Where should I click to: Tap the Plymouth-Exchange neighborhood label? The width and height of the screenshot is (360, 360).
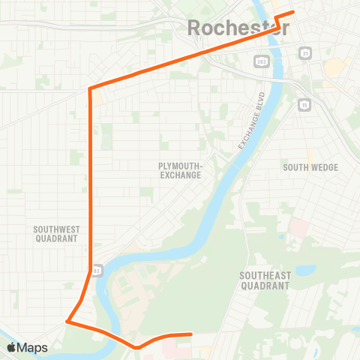click(x=180, y=170)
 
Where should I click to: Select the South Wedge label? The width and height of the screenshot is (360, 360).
click(x=310, y=167)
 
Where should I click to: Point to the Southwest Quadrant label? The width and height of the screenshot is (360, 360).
click(x=56, y=233)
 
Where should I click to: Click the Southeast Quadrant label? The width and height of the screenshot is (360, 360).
click(x=264, y=280)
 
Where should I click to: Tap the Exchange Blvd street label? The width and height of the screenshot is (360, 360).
click(x=253, y=120)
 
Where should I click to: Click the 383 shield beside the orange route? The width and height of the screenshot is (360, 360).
click(x=96, y=269)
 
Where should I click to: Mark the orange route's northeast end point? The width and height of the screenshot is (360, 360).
click(x=292, y=12)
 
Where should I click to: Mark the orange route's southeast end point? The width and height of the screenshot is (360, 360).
click(x=191, y=334)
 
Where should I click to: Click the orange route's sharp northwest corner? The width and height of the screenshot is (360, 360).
click(x=90, y=88)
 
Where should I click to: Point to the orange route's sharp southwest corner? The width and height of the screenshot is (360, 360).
click(x=67, y=322)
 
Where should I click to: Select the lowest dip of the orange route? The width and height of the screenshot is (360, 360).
click(x=136, y=347)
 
